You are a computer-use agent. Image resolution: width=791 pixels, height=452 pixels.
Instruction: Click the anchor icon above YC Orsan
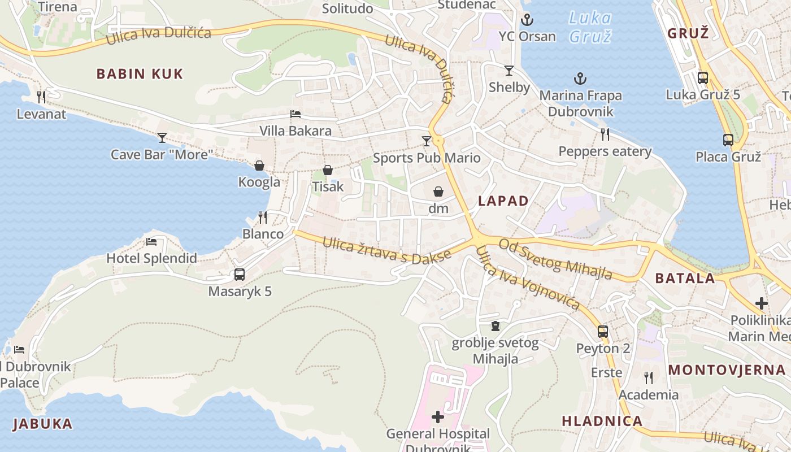tap(527, 20)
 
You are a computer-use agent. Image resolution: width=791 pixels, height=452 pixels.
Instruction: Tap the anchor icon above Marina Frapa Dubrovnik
tap(580, 79)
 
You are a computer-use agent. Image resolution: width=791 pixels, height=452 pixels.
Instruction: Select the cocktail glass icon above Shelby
tap(509, 71)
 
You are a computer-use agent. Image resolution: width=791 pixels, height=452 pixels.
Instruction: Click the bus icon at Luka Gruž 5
tap(703, 78)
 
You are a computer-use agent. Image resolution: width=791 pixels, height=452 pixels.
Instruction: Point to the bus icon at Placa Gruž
tap(728, 140)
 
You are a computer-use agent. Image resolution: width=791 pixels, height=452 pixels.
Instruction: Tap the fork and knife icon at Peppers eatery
tap(605, 134)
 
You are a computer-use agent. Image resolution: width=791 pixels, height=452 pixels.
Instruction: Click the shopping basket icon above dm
tap(438, 192)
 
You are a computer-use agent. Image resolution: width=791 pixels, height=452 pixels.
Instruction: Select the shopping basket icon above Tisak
tap(328, 170)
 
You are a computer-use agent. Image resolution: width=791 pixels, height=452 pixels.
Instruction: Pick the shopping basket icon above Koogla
tap(259, 166)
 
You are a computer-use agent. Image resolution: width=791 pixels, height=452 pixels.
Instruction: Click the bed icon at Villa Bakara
tap(295, 114)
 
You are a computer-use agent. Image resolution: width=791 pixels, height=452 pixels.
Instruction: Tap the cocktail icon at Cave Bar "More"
tap(162, 137)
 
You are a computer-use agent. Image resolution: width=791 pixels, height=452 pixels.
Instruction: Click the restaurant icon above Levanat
tap(41, 97)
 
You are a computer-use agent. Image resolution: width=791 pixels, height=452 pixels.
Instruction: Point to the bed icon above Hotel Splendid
tap(151, 242)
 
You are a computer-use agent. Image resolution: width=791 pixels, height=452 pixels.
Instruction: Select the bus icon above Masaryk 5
tap(240, 275)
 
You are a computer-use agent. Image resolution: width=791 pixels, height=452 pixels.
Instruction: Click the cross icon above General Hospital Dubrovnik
tap(438, 418)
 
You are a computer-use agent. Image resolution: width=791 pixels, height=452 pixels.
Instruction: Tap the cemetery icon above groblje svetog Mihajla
tap(496, 326)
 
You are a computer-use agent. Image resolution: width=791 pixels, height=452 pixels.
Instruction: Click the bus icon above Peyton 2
tap(603, 332)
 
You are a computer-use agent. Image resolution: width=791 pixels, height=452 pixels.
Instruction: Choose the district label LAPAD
tap(503, 201)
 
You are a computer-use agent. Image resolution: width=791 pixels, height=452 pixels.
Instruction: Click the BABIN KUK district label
tap(140, 74)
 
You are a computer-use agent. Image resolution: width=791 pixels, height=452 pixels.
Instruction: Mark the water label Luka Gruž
tap(590, 27)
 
